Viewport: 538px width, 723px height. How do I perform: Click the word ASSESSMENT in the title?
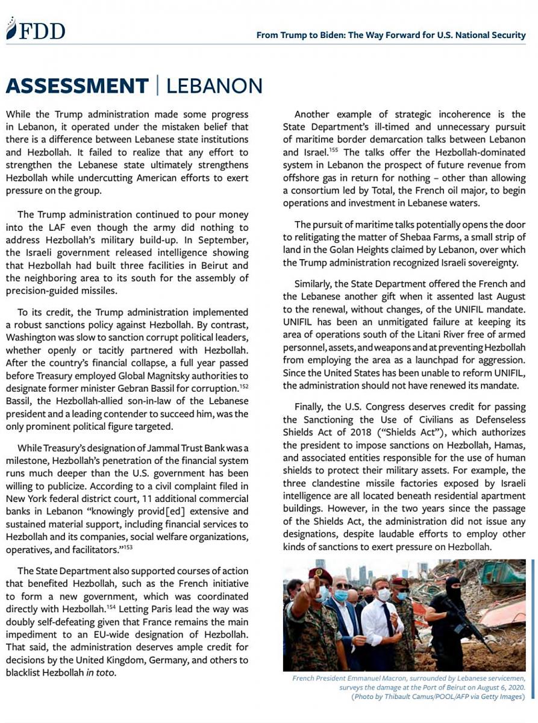(77, 86)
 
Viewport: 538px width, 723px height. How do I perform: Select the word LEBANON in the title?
(214, 86)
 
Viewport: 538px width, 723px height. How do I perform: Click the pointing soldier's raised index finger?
(299, 579)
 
